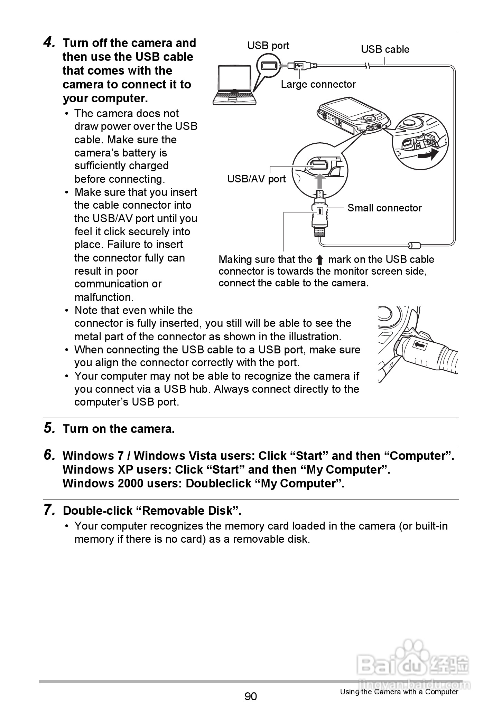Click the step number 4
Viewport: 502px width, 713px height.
(x=49, y=42)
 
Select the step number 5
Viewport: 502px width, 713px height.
(x=49, y=428)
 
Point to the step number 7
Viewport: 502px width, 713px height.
(x=49, y=510)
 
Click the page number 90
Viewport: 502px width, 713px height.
(x=251, y=696)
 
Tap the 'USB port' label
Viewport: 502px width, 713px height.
(x=268, y=46)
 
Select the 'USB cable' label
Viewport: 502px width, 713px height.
(x=385, y=49)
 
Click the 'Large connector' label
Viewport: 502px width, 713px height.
(x=318, y=84)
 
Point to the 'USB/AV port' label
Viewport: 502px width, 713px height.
(x=256, y=179)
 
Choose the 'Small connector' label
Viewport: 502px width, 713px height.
(x=384, y=208)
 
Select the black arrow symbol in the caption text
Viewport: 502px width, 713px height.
(x=320, y=260)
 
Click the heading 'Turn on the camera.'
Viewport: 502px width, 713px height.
(x=119, y=429)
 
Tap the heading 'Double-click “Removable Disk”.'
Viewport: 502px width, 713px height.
(x=152, y=511)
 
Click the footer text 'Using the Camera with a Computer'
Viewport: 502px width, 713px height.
(x=399, y=692)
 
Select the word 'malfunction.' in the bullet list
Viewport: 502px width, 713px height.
(x=104, y=297)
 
